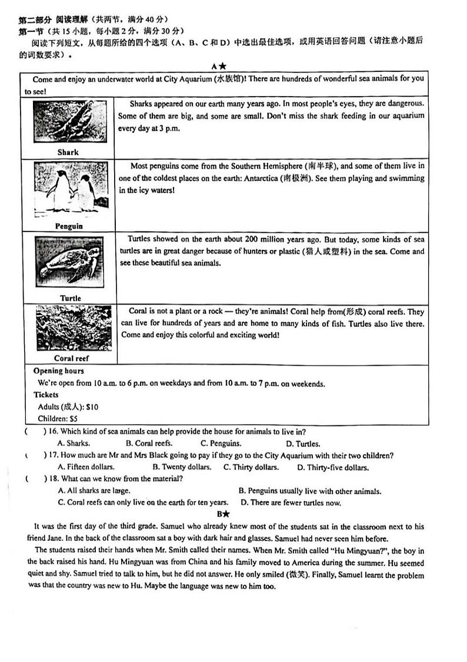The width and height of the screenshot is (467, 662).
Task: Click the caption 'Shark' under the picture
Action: pos(68,152)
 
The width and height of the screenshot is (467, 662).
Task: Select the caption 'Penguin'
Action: pos(69,226)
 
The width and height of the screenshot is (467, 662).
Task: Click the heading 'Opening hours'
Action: pos(59,371)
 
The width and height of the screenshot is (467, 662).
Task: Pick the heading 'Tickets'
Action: pos(46,395)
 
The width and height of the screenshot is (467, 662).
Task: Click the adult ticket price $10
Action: pos(92,407)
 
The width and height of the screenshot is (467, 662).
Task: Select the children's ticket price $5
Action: pos(74,419)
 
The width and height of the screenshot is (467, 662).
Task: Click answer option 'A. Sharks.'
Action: pos(74,443)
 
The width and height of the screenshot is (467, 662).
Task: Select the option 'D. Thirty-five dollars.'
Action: pos(333,468)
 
